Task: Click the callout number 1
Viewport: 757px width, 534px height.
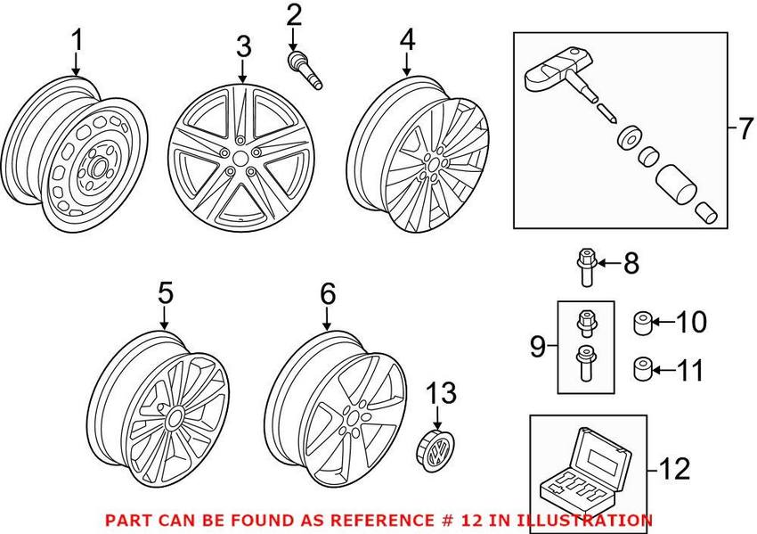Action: (x=77, y=40)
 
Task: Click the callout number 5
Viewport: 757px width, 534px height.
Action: (x=164, y=293)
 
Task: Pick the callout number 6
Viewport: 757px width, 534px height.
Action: (x=327, y=293)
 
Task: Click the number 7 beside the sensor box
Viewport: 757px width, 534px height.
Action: (x=744, y=130)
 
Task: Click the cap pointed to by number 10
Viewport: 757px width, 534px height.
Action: (x=641, y=322)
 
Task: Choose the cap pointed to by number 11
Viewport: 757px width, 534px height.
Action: (x=641, y=367)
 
